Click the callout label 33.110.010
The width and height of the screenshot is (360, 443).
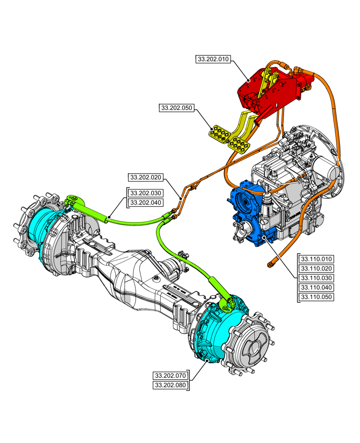point(317,259)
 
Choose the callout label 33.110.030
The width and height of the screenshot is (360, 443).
point(317,278)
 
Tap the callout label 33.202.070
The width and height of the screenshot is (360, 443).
point(170,376)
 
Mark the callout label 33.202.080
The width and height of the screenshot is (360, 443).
point(170,385)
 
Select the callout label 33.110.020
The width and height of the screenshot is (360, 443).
point(317,268)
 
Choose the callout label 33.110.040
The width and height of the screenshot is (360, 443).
point(317,288)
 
